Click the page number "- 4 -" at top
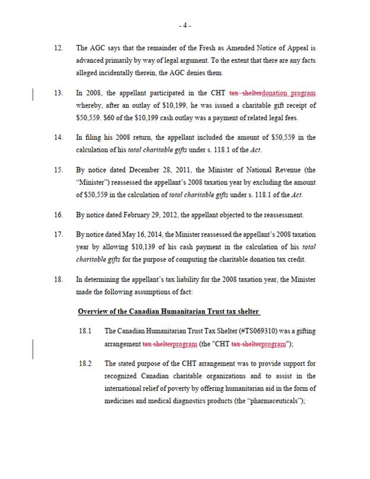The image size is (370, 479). coord(184,25)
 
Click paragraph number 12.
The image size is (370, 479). coord(58,47)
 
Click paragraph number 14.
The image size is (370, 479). coord(58,138)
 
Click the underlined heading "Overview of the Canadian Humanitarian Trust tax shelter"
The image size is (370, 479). coord(168,311)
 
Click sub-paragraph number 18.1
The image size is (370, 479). coord(84,331)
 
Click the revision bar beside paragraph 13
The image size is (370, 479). coord(32,95)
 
